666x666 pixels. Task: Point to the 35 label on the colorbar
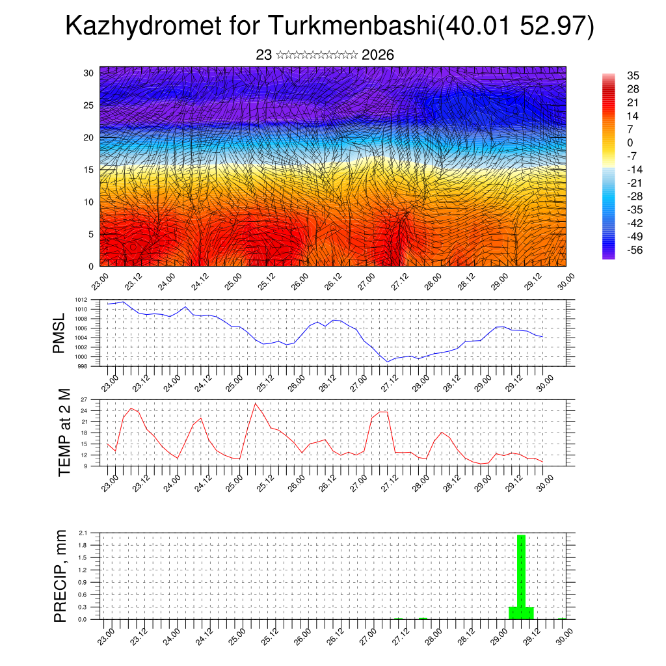[632, 75]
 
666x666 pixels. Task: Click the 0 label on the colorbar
[630, 142]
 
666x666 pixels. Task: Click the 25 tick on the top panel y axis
[89, 105]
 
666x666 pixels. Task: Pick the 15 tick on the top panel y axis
[89, 170]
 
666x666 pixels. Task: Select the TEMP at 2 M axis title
[64, 433]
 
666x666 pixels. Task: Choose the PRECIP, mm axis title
[60, 576]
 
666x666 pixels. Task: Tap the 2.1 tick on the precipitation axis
[83, 533]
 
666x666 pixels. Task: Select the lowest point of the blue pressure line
[388, 362]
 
